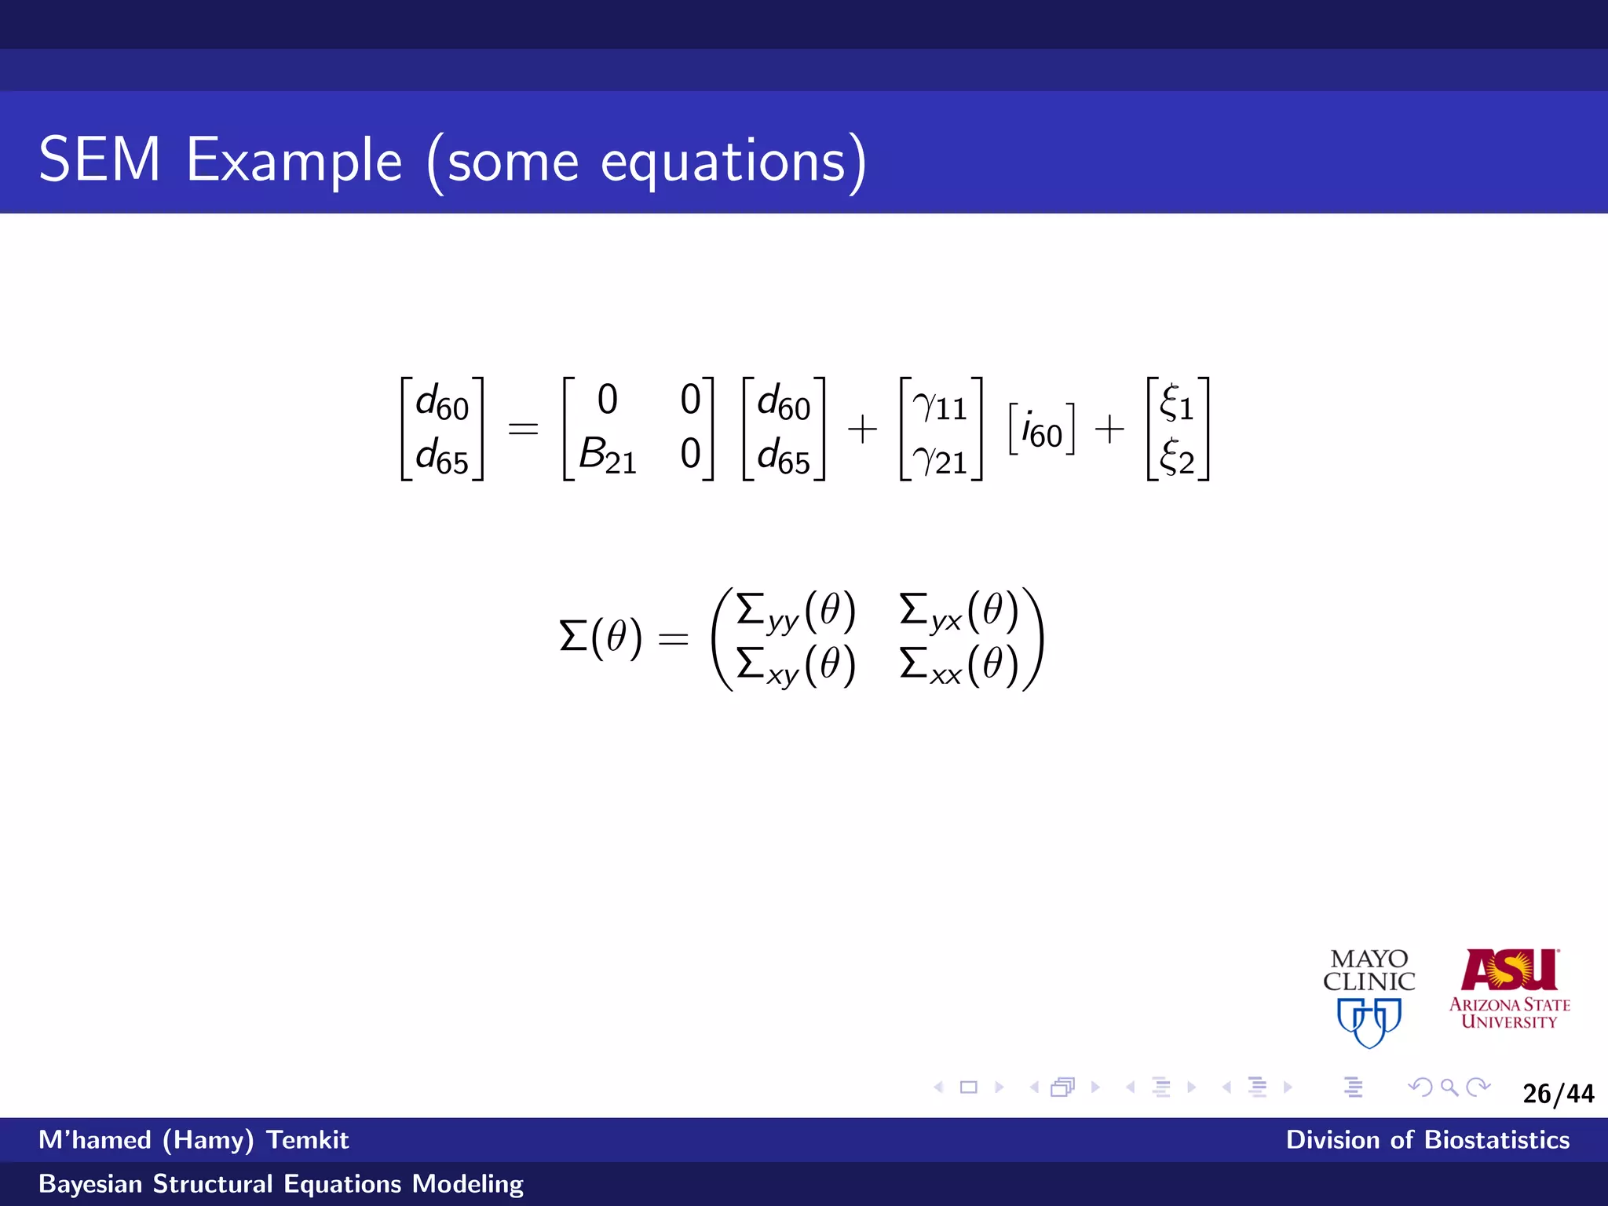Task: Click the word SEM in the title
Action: coord(99,160)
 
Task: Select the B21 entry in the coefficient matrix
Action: coord(607,455)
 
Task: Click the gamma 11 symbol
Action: coord(940,406)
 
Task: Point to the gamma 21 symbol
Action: coord(940,460)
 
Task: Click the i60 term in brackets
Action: coord(1041,430)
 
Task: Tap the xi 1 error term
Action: coord(1177,404)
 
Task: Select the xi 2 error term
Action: coord(1177,458)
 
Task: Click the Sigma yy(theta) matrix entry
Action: coord(795,612)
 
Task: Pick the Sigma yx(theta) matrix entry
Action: coord(958,612)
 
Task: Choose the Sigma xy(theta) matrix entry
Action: coord(795,666)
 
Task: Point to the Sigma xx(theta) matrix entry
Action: coord(958,666)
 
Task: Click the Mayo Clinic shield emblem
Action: coord(1369,1021)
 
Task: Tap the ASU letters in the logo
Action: coord(1509,970)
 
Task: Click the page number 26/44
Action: coord(1558,1094)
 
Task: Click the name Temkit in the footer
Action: coord(307,1140)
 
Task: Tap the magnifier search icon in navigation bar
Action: coord(1449,1087)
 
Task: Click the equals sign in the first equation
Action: coord(523,429)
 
